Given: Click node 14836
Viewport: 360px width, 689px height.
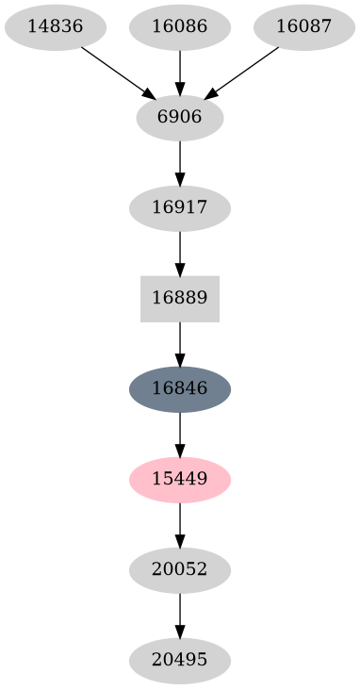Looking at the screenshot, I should pyautogui.click(x=55, y=26).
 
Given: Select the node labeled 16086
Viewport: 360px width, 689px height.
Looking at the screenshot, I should pyautogui.click(x=179, y=26).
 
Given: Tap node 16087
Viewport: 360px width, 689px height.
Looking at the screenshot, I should pyautogui.click(x=303, y=26).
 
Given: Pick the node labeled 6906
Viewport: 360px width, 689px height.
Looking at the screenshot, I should pyautogui.click(x=179, y=118).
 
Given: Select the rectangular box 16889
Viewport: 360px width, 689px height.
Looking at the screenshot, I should pyautogui.click(x=179, y=299).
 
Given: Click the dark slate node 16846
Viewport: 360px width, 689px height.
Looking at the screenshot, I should pyautogui.click(x=179, y=389).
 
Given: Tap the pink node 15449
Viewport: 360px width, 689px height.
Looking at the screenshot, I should pyautogui.click(x=179, y=480).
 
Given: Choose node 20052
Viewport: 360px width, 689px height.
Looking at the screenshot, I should pyautogui.click(x=179, y=570).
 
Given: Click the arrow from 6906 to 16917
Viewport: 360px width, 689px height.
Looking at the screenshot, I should pyautogui.click(x=179, y=162).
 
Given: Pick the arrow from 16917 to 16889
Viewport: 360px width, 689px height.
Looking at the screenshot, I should pyautogui.click(x=179, y=253).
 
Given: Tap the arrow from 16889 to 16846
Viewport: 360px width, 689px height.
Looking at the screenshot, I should pyautogui.click(x=179, y=343).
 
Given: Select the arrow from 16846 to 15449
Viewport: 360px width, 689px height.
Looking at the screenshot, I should pyautogui.click(x=179, y=434).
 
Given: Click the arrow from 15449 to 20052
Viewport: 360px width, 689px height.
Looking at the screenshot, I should pyautogui.click(x=179, y=524).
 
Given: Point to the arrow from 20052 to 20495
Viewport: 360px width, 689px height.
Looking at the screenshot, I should pyautogui.click(x=179, y=615).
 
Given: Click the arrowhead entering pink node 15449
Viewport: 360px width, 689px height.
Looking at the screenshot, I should pyautogui.click(x=179, y=451).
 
